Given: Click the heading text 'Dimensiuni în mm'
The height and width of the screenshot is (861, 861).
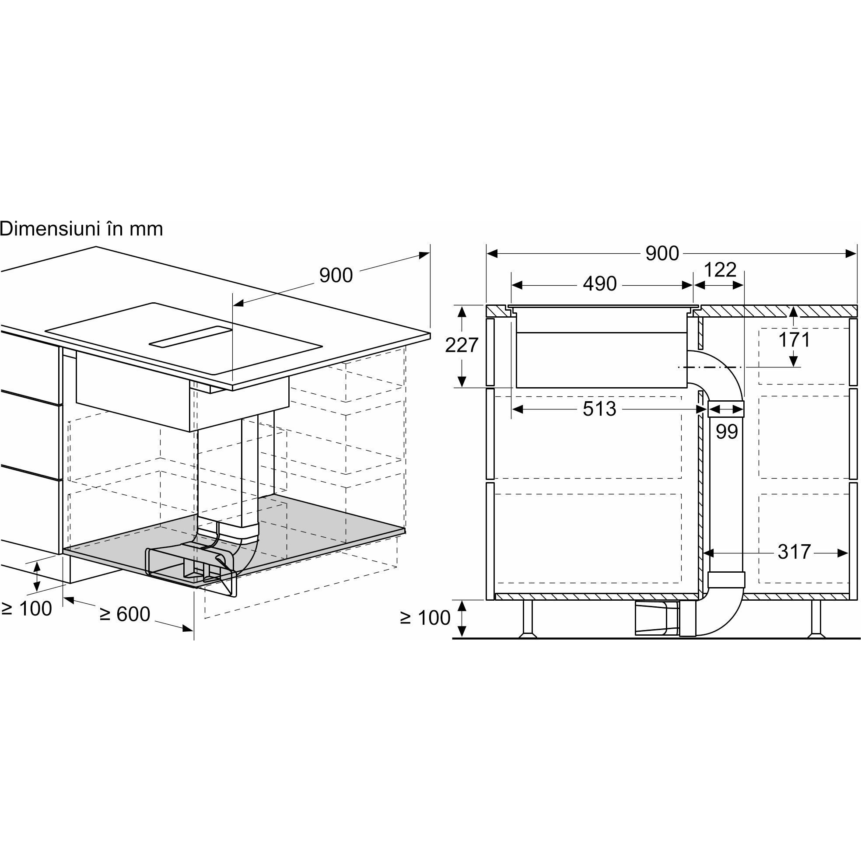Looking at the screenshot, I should coord(81,229).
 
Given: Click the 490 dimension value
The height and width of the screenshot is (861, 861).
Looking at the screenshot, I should coord(600,284).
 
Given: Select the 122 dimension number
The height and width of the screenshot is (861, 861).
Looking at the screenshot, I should coord(720,270).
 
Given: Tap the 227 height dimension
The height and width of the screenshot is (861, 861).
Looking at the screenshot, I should coord(462,345).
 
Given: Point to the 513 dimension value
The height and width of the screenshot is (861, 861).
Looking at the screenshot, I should coord(599,409).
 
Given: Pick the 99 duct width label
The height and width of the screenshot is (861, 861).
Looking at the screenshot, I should coord(727,432).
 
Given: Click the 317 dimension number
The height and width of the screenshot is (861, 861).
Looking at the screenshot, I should coord(794,552).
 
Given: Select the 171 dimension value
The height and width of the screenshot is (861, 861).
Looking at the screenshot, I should coord(794,340).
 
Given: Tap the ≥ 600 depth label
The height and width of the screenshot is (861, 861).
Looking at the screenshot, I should coord(125,614).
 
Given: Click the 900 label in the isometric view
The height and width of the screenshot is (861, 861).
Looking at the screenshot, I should coord(336,276).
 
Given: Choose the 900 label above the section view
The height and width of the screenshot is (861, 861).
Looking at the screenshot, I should coord(662,254).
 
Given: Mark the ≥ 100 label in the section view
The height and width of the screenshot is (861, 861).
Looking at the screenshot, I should coord(426,618).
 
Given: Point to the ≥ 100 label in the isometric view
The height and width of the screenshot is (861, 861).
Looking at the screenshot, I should coord(27,608).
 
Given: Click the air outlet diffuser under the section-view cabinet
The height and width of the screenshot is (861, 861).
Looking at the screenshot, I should coord(657,618).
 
